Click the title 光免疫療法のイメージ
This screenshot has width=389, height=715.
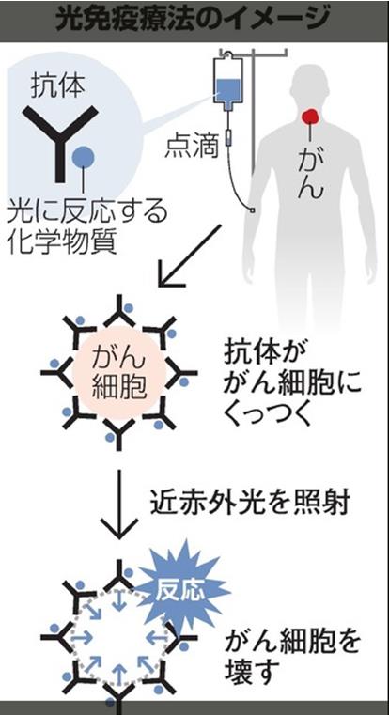(193, 20)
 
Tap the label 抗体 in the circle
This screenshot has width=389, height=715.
(58, 85)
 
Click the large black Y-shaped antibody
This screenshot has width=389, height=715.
(61, 141)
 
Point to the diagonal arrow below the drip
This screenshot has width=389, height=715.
(189, 256)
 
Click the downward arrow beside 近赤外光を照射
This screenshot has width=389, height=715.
(118, 504)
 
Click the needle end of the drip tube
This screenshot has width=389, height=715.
(252, 210)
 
